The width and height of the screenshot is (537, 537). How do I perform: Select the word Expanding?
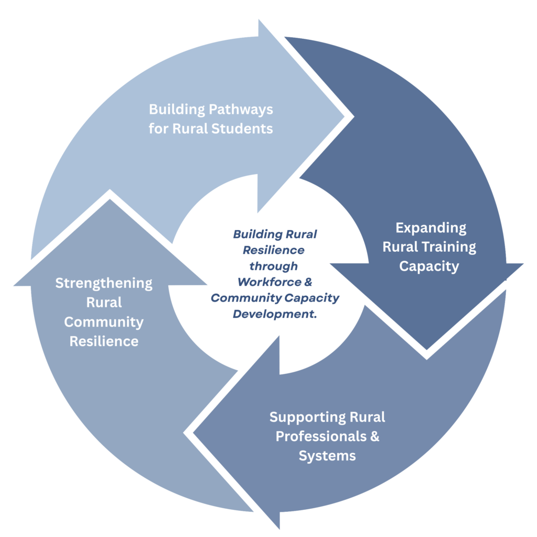click(431, 228)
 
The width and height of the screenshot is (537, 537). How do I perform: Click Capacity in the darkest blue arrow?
click(429, 266)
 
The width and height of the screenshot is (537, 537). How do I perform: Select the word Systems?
click(327, 456)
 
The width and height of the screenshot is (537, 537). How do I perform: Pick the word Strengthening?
click(104, 284)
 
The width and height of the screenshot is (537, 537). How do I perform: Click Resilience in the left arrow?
click(104, 341)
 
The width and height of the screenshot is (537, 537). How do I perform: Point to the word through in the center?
click(273, 266)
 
